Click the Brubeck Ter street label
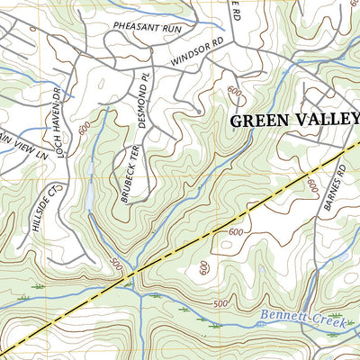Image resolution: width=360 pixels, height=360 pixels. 127,175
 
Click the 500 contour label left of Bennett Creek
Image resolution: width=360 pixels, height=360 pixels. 219,305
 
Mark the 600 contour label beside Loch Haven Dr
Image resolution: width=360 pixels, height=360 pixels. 84,130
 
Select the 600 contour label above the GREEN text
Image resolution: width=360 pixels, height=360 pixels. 236,93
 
